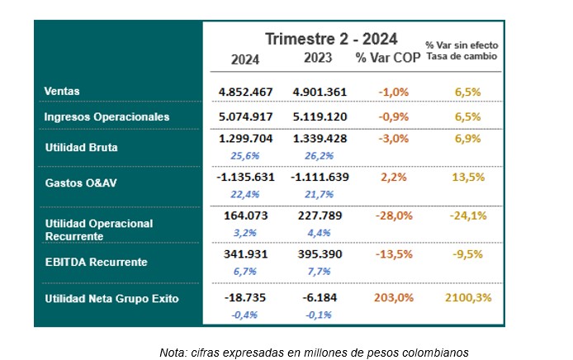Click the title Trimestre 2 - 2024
coord(331,39)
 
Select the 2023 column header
coord(317,58)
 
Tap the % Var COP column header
coord(387,58)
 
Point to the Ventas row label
coord(61,92)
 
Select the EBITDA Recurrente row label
coord(96,262)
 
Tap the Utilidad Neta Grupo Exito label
coord(111,299)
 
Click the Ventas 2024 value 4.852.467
coord(245,92)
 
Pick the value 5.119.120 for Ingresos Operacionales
coord(320,116)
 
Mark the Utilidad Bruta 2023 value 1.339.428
coord(320,139)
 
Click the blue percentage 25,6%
coord(245,154)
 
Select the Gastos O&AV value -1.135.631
coord(244,176)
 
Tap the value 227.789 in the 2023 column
coord(320,217)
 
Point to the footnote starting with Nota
coord(314,353)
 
